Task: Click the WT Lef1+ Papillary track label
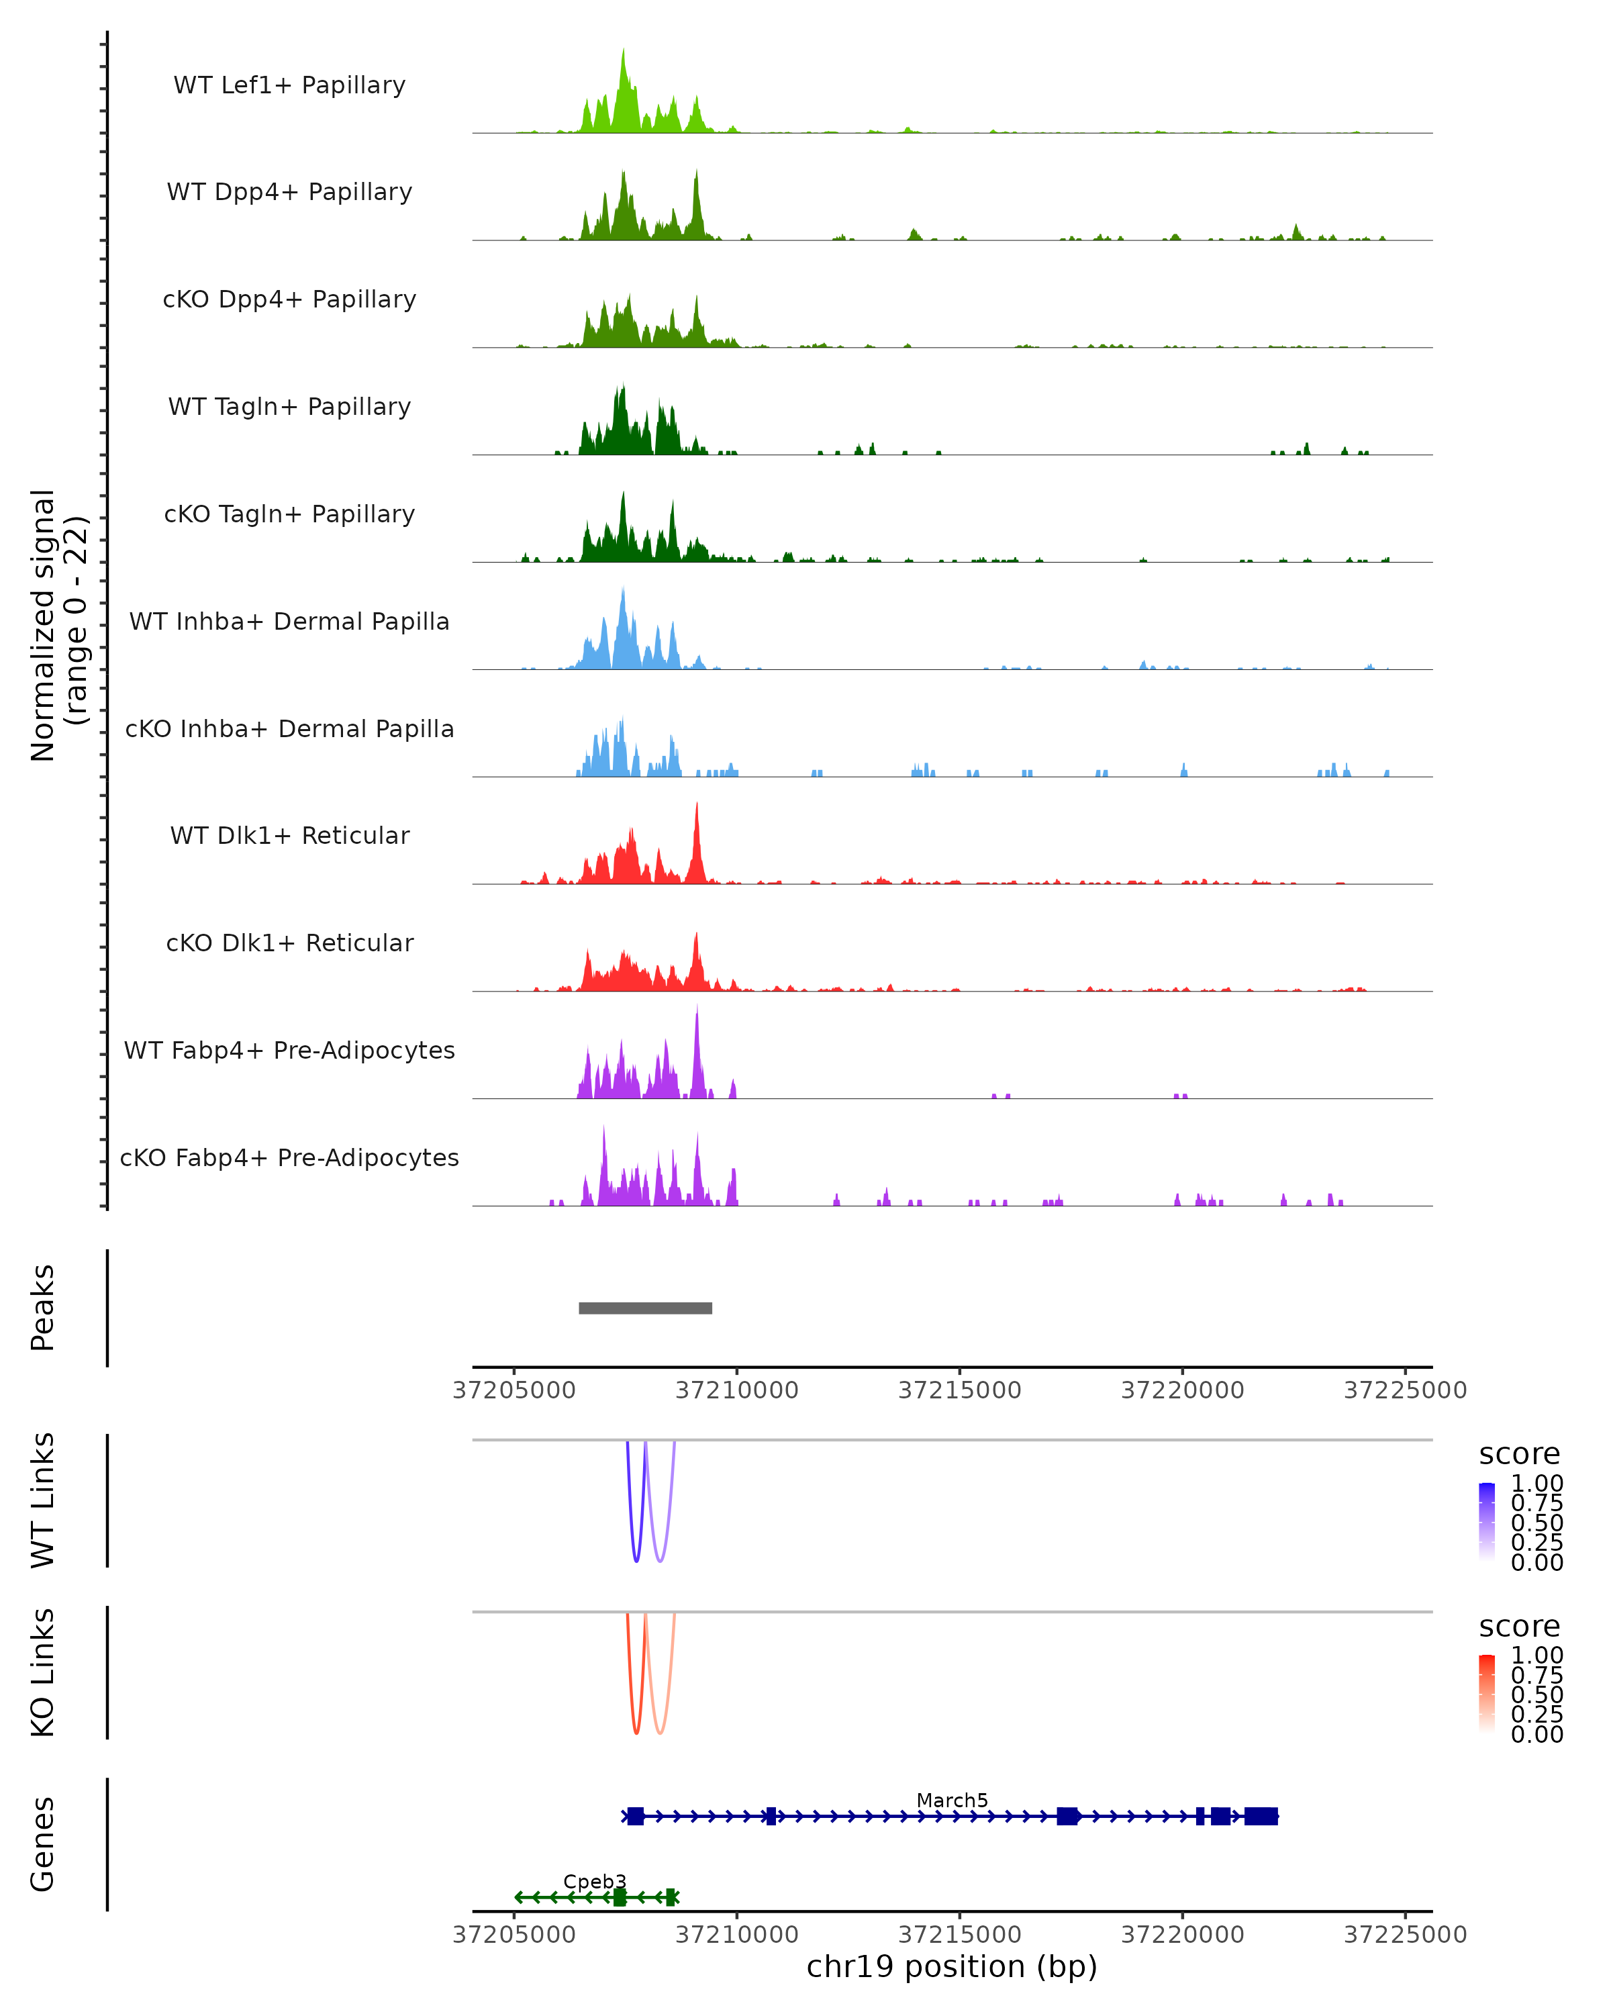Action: point(289,85)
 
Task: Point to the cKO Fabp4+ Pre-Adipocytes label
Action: point(289,1157)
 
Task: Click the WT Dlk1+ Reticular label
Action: point(289,835)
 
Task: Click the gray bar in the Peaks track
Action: point(645,1308)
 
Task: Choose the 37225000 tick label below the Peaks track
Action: point(1405,1390)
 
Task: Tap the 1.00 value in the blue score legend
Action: point(1536,1484)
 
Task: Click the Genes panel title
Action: point(43,1844)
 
